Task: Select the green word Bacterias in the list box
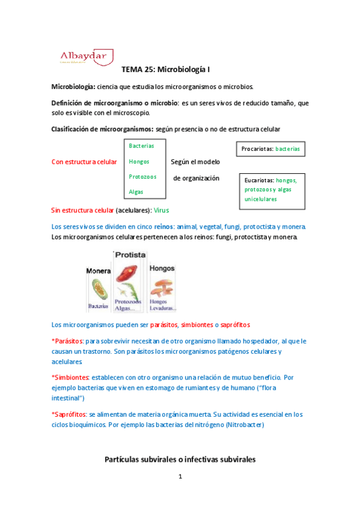click(x=141, y=146)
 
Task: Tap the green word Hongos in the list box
click(x=139, y=161)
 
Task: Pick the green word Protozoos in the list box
click(x=142, y=176)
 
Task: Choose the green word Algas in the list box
click(x=136, y=191)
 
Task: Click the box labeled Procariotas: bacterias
click(x=270, y=149)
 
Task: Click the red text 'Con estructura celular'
click(x=84, y=162)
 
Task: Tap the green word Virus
click(x=162, y=210)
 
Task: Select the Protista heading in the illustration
click(x=130, y=255)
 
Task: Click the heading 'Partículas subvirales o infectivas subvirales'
click(x=180, y=459)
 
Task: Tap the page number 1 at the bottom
click(x=180, y=478)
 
